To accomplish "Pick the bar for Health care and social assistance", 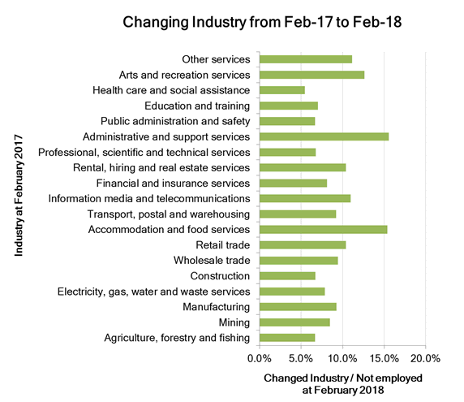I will [281, 90].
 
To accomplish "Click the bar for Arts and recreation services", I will [311, 75].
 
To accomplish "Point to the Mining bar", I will [294, 322].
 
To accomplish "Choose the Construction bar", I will [287, 276].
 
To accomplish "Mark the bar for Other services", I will [305, 59].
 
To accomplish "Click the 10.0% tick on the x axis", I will [342, 358].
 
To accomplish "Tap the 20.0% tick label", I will [425, 358].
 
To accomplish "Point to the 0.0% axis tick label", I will [259, 358].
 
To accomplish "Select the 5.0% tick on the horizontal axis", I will [301, 358].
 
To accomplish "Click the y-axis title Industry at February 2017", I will [18, 198].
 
